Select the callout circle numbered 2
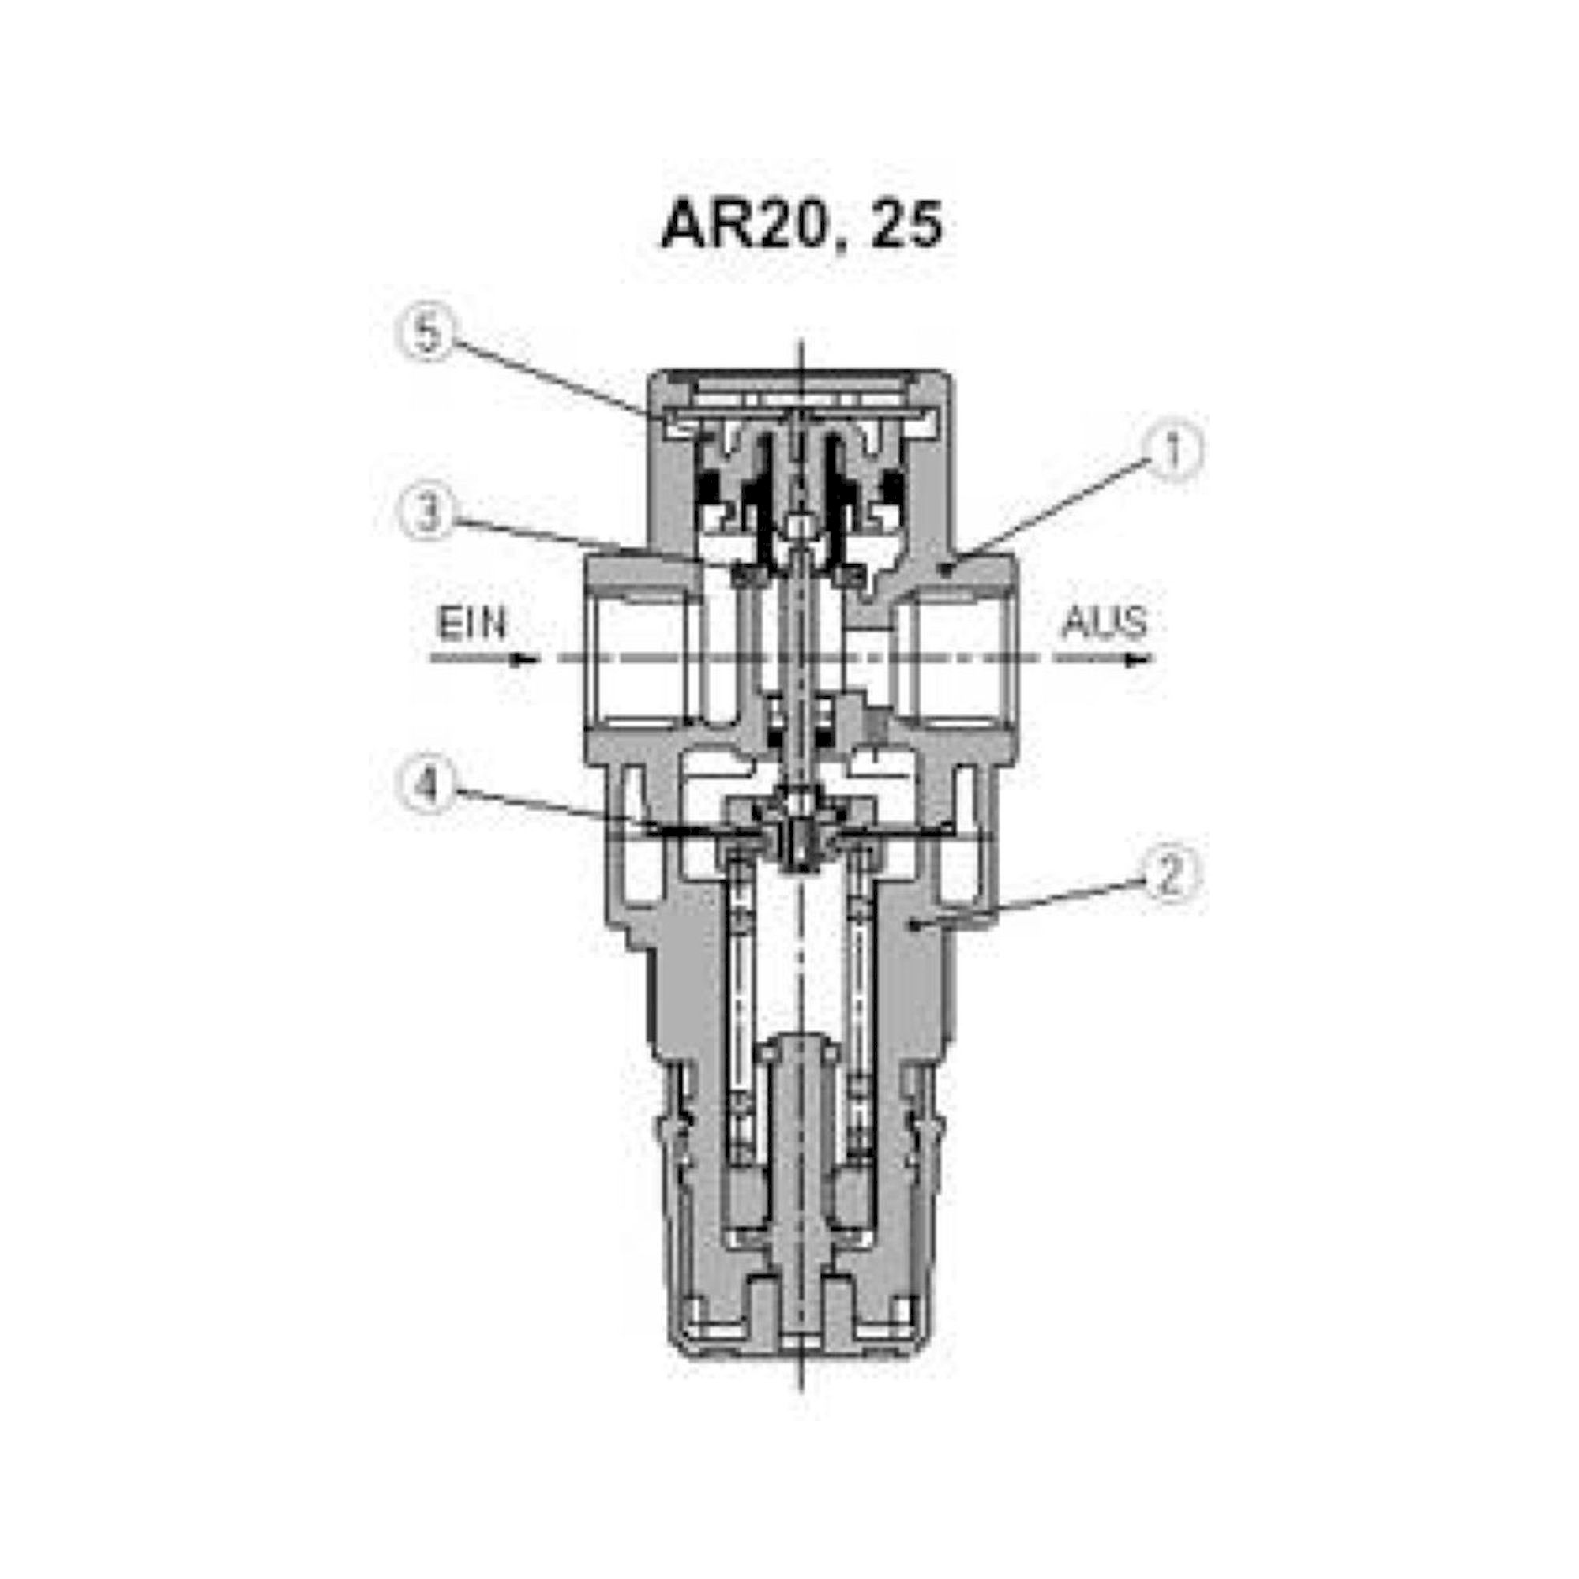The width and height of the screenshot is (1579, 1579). (1171, 875)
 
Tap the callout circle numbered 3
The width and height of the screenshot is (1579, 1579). (428, 516)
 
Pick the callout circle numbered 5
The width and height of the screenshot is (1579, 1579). (427, 335)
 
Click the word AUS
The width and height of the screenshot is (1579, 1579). (1104, 624)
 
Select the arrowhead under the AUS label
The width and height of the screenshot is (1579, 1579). (1138, 659)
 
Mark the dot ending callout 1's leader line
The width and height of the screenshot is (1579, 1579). (945, 573)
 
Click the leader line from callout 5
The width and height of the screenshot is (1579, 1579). (548, 377)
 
